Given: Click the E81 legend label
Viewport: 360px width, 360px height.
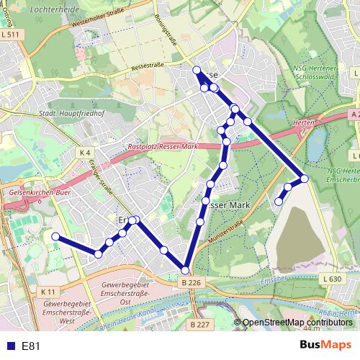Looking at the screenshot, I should coord(31,346).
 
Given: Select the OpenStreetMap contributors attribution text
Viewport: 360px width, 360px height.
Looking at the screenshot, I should coord(297,323).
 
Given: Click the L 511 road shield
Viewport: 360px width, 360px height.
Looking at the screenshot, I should coord(10,35).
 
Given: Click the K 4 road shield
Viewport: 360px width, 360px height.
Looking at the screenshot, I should coord(86,153).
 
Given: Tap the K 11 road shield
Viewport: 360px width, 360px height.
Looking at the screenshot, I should coord(48,291).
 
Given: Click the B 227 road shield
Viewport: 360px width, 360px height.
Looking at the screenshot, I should coord(200,325).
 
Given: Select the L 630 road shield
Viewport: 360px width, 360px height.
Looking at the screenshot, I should coord(331,279).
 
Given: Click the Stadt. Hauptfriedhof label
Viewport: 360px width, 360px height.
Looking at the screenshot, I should coord(68,113).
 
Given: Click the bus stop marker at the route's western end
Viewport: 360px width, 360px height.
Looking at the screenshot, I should coord(55,236).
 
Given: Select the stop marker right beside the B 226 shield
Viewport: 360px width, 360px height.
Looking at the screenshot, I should coord(185,271).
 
